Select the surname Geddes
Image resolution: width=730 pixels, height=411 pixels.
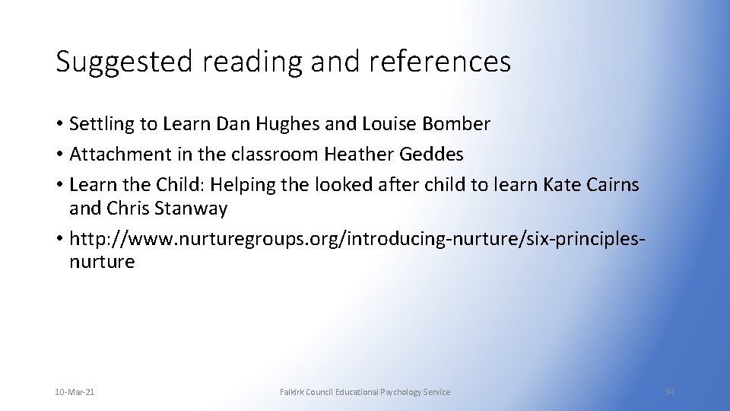click(x=433, y=155)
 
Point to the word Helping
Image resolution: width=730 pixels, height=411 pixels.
click(x=238, y=185)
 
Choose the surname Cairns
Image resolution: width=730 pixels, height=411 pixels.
click(x=611, y=185)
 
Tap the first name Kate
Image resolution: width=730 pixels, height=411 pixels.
click(x=560, y=185)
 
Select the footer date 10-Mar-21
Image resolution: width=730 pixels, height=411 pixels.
click(x=75, y=392)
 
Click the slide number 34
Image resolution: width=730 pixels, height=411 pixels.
click(x=669, y=392)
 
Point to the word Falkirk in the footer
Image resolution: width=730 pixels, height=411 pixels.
click(x=294, y=392)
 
